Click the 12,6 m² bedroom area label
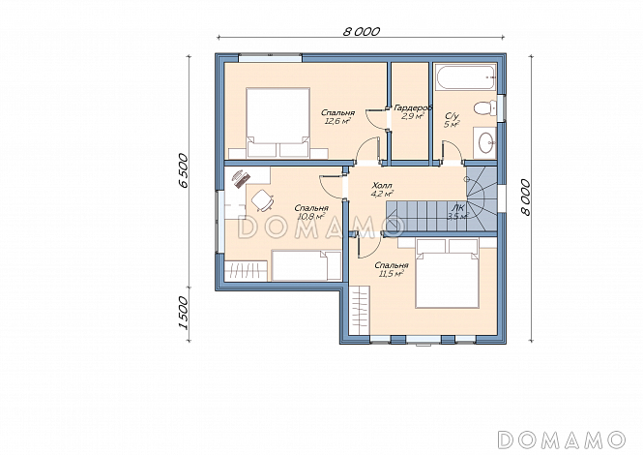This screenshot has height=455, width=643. point(337,121)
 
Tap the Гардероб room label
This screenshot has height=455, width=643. point(413,108)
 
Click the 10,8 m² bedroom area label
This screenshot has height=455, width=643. point(311,216)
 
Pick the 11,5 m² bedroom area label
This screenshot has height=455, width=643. point(392,273)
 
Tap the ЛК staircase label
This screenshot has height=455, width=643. point(459,208)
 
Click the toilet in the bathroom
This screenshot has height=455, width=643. point(485,108)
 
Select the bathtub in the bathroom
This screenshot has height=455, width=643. point(465,77)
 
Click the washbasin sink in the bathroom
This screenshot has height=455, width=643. point(486,142)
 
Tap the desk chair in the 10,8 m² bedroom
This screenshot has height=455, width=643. point(262,200)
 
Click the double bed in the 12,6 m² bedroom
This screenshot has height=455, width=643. point(278,122)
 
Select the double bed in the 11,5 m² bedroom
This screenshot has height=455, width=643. point(447,273)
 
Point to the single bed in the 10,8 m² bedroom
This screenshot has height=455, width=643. point(307,266)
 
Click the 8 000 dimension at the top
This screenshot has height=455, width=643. point(362,31)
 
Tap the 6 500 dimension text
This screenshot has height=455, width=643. point(184,170)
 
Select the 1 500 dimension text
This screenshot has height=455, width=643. point(184,313)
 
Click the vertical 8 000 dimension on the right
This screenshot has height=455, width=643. point(525,197)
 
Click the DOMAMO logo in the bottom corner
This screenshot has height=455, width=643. point(562,440)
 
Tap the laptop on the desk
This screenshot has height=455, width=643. point(241,179)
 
